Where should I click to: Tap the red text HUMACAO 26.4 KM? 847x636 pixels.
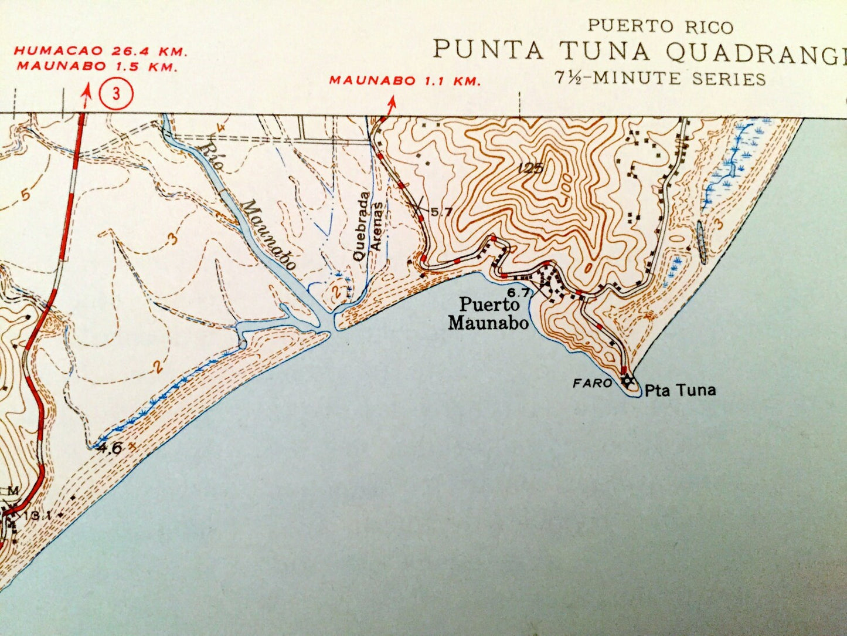101,52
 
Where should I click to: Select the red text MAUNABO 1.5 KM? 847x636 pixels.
97,66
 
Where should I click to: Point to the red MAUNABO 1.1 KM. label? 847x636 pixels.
404,81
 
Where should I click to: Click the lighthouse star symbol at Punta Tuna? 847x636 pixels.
628,381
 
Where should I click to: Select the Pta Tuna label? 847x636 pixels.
680,390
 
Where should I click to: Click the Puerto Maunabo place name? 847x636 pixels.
488,314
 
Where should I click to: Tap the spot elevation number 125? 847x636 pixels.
531,168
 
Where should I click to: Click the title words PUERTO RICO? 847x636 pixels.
660,27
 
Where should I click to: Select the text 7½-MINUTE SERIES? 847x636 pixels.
660,78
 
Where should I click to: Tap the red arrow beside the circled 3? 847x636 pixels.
87,95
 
